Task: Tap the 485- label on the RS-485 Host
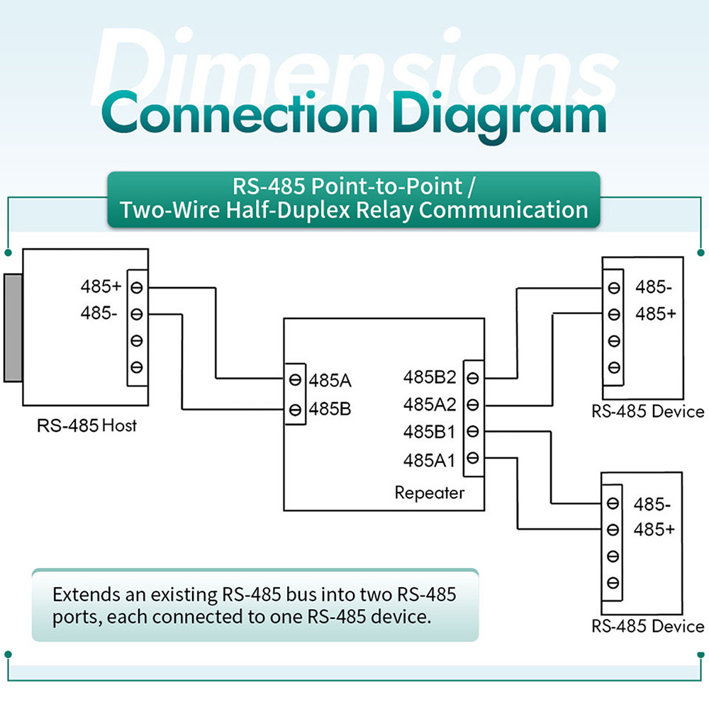click(99, 313)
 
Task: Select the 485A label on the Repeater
click(330, 380)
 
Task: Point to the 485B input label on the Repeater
click(330, 409)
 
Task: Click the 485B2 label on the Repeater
click(429, 376)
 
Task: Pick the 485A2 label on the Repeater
click(429, 404)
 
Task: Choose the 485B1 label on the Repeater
click(429, 432)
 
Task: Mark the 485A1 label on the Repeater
click(429, 459)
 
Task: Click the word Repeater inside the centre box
click(430, 493)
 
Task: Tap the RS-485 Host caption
click(86, 426)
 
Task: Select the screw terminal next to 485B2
click(473, 377)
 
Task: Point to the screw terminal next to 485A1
click(473, 458)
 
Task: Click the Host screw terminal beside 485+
click(137, 287)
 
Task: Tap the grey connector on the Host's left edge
click(13, 328)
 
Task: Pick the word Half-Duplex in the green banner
click(314, 210)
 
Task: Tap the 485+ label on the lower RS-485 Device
click(655, 530)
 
